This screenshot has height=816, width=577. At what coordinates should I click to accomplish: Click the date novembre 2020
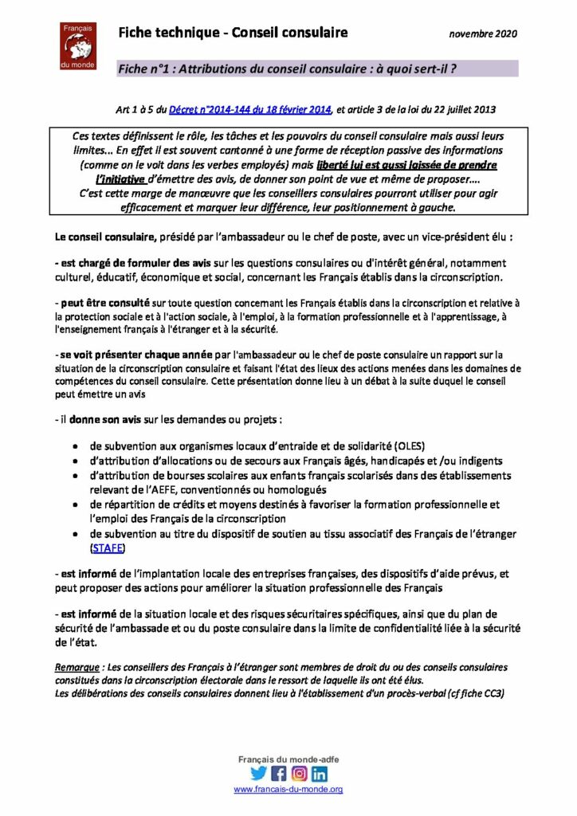coord(483,34)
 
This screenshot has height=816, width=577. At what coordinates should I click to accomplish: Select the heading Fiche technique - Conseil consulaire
coord(233,33)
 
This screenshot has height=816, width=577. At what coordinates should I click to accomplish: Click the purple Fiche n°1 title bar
coord(317,69)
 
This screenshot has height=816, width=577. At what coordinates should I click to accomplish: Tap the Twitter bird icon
coord(258,773)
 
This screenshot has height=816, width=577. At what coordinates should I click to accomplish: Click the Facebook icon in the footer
coord(279,773)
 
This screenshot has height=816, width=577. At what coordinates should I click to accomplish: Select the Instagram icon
coord(300,773)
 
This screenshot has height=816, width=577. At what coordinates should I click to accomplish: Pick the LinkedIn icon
coord(320,773)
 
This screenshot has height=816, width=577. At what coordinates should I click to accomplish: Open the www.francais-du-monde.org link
coord(288,789)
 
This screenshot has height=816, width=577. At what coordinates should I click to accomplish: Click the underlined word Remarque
coord(81,666)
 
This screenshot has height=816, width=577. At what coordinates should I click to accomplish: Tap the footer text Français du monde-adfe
coord(288,759)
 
